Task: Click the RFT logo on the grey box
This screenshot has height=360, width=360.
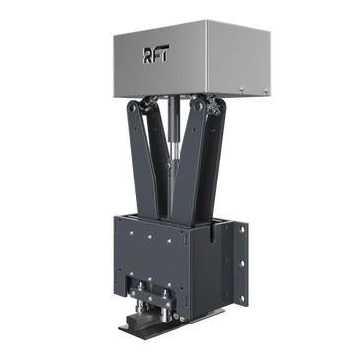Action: (x=156, y=55)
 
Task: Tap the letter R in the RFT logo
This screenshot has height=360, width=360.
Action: (x=147, y=55)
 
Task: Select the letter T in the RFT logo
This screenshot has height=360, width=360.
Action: (x=164, y=54)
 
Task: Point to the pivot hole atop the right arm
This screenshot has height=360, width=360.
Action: (x=197, y=105)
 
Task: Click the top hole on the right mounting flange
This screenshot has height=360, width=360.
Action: (x=242, y=228)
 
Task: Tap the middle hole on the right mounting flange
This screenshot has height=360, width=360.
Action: (x=242, y=263)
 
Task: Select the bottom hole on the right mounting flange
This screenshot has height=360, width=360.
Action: (x=242, y=298)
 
